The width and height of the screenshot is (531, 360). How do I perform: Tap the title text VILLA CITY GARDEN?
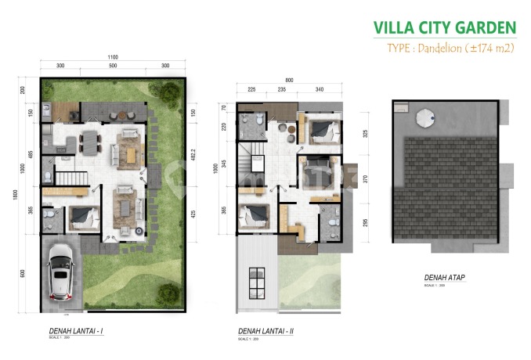coord(444,28)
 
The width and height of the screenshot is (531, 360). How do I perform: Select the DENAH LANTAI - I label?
coord(76,332)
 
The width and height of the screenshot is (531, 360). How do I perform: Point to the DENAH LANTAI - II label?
coord(265,332)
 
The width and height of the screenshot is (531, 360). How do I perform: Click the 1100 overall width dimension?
coord(113,57)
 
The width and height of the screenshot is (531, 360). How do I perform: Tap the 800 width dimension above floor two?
coord(288,79)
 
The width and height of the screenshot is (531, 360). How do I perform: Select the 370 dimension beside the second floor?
coord(365,179)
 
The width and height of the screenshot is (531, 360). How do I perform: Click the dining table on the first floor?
coord(90,143)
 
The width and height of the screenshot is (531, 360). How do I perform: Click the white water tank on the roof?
coord(424,117)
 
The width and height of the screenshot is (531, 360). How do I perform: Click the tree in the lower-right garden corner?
coord(168,293)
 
